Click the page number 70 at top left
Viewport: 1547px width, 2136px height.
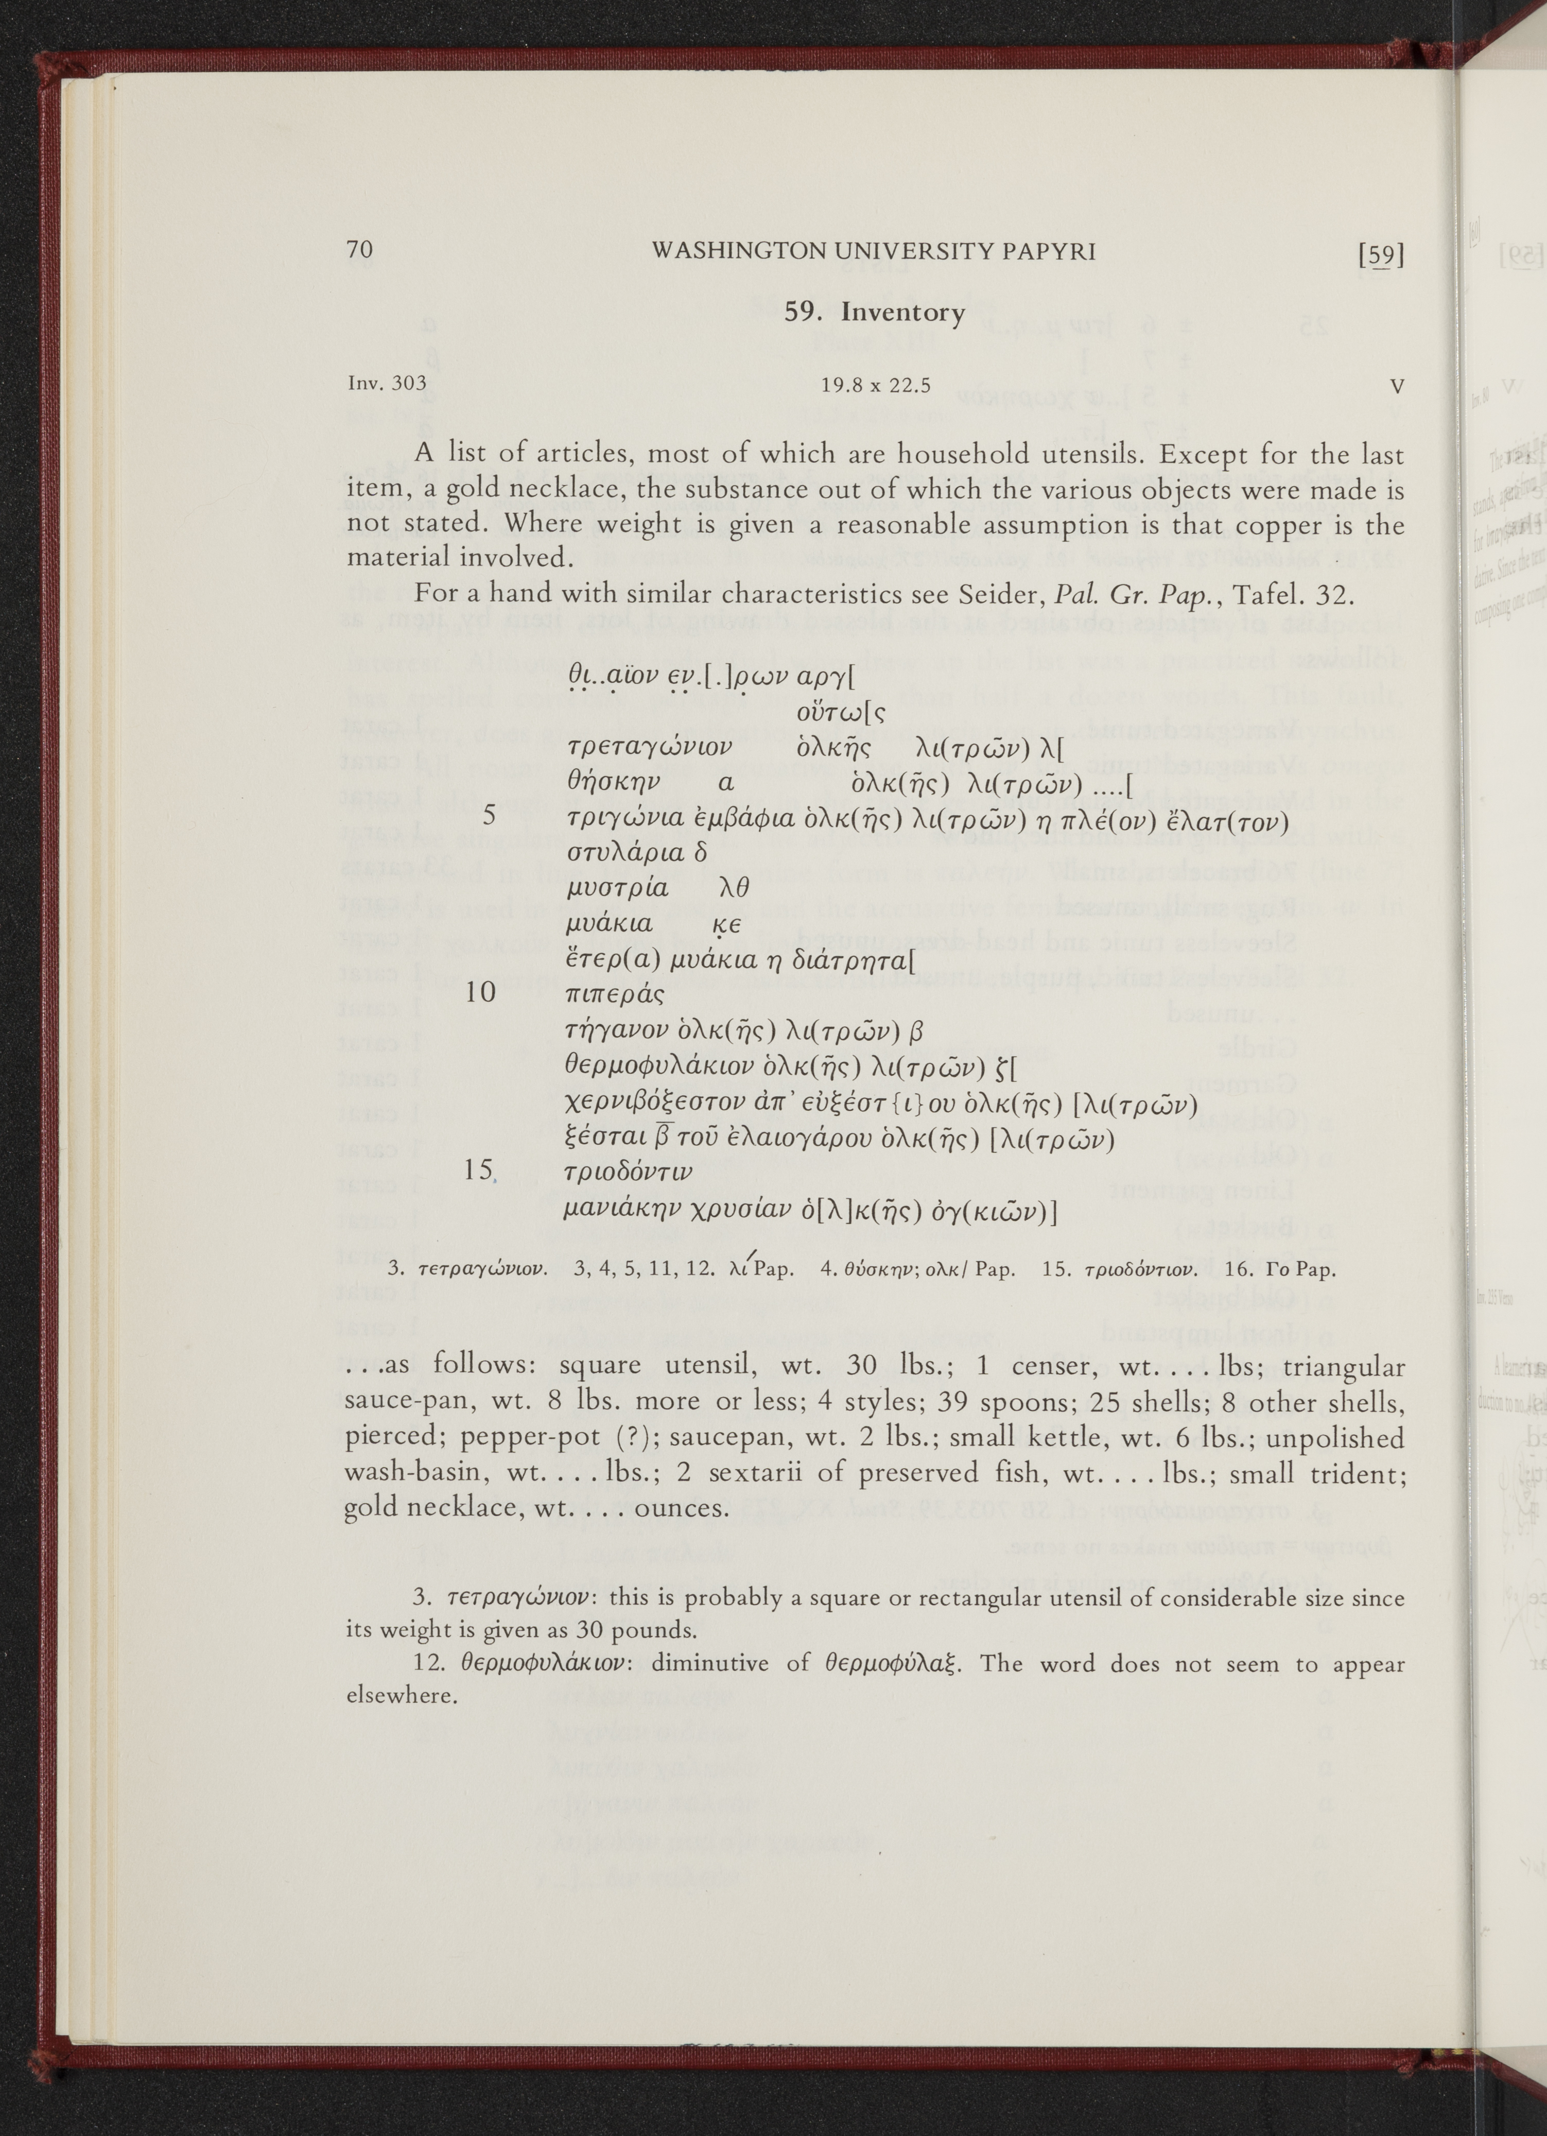(360, 250)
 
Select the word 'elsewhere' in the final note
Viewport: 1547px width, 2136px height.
(402, 1697)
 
